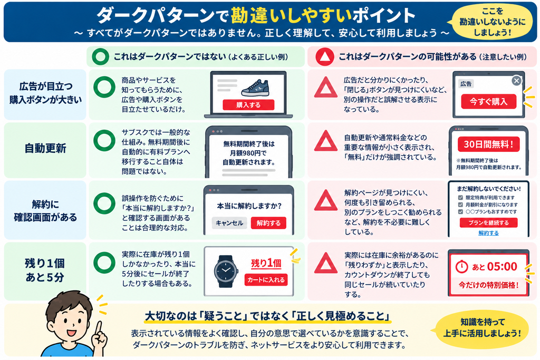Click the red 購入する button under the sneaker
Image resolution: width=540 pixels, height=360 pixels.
(248, 105)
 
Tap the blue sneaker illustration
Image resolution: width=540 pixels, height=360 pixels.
(255, 88)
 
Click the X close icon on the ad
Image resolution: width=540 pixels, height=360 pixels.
(516, 81)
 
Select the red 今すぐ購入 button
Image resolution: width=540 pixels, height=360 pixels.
(489, 102)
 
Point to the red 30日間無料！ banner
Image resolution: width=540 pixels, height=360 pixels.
(488, 144)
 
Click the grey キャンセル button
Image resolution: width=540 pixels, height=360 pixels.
(229, 223)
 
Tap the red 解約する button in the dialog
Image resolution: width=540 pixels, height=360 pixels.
(268, 223)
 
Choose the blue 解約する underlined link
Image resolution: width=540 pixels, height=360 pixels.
(488, 233)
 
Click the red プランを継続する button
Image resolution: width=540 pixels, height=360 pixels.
(488, 222)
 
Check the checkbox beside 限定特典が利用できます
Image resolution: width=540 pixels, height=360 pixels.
(460, 198)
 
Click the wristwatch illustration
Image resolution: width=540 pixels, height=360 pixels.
(226, 271)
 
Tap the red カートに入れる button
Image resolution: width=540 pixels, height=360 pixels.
(266, 280)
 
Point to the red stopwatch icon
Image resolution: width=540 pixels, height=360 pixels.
(461, 267)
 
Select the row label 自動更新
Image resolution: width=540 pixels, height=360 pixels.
(45, 148)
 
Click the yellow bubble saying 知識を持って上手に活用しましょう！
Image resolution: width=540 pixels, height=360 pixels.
(482, 328)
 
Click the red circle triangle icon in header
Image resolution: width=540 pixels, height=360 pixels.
(325, 57)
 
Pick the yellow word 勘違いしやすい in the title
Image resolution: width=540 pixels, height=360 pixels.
(291, 15)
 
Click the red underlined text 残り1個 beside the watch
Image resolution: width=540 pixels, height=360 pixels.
(266, 264)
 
